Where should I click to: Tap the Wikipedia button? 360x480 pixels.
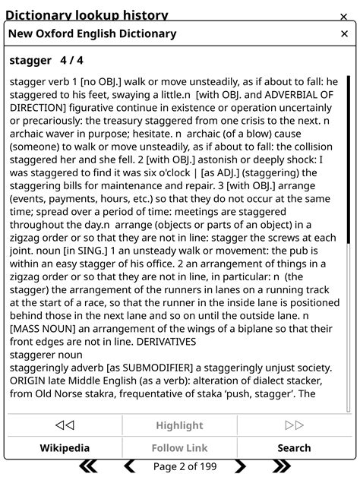[65, 448]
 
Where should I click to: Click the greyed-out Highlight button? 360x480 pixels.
[179, 425]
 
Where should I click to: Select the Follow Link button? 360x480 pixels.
[179, 448]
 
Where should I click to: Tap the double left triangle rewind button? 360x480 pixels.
[65, 425]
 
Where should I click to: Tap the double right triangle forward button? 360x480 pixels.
[294, 425]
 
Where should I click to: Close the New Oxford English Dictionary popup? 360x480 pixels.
[344, 34]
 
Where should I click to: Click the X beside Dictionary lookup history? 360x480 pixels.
[344, 16]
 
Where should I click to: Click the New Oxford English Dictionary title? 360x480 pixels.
[92, 34]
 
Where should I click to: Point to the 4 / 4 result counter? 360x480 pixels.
[72, 60]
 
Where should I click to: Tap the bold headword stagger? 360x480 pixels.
[30, 60]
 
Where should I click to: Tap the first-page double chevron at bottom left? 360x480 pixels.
[89, 466]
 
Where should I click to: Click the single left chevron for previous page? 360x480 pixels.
[130, 466]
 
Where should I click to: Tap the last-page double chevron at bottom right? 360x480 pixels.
[282, 466]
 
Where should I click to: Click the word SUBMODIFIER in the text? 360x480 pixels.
[159, 368]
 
